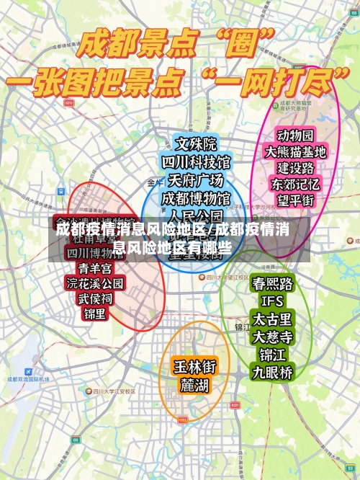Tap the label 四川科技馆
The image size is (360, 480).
(x=196, y=161)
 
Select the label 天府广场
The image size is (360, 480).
(x=196, y=179)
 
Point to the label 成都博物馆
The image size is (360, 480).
(x=196, y=197)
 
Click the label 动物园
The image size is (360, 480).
(x=295, y=135)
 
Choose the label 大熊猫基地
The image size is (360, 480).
(x=295, y=152)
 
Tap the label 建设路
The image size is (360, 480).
(x=295, y=168)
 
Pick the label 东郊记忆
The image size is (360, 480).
(x=295, y=185)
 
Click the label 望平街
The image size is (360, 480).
(x=295, y=201)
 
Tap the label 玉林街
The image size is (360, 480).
(x=194, y=367)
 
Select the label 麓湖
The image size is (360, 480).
(x=194, y=386)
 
